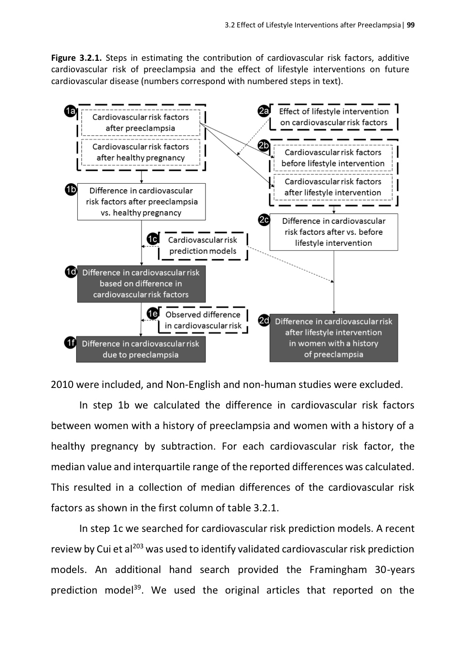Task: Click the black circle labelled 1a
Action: click(x=70, y=111)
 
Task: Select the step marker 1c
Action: click(x=153, y=239)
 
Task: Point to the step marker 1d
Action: click(x=71, y=272)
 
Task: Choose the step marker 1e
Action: click(x=153, y=313)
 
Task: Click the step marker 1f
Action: click(x=70, y=343)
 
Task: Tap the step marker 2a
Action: click(x=264, y=111)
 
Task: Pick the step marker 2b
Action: click(x=264, y=146)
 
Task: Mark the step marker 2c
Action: click(x=264, y=220)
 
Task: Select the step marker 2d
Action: click(x=264, y=320)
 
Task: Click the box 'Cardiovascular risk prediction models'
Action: click(x=202, y=245)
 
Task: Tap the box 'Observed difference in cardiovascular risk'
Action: click(x=203, y=320)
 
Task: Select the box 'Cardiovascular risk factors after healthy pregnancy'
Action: click(x=141, y=152)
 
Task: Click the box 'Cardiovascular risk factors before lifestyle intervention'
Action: click(x=333, y=158)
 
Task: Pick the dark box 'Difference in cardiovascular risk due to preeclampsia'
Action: click(x=141, y=349)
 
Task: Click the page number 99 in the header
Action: click(x=411, y=25)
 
